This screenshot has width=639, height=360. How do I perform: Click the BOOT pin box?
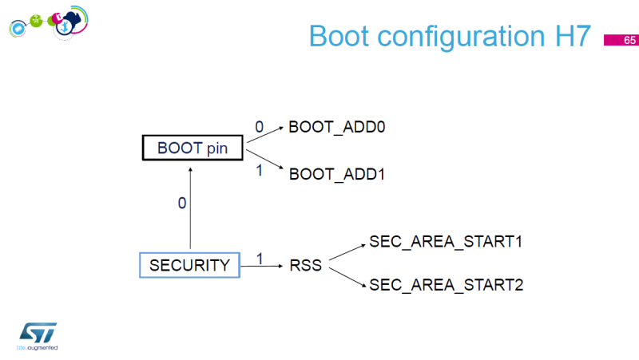pyautogui.click(x=192, y=148)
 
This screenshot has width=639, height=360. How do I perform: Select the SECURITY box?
pyautogui.click(x=189, y=265)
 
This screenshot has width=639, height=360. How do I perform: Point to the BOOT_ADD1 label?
pyautogui.click(x=336, y=173)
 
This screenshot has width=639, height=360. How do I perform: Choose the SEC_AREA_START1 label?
pyautogui.click(x=446, y=241)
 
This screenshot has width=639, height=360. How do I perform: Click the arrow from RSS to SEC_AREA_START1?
pyautogui.click(x=347, y=250)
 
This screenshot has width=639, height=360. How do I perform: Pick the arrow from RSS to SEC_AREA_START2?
pyautogui.click(x=347, y=277)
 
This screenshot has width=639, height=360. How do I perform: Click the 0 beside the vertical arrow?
pyautogui.click(x=181, y=204)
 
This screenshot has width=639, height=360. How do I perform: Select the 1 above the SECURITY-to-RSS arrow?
pyautogui.click(x=259, y=258)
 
